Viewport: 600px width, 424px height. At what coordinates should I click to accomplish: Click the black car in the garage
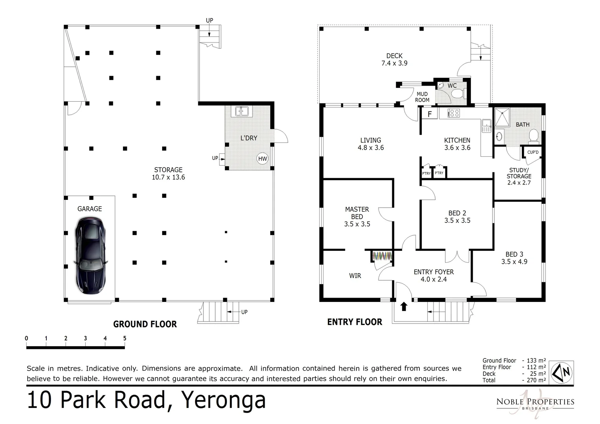coord(90,256)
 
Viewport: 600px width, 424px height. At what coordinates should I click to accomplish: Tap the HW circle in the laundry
coord(262,159)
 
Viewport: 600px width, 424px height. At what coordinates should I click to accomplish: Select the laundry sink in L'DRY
coord(241,111)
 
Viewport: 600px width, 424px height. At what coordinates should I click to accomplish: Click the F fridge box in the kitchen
coord(430,114)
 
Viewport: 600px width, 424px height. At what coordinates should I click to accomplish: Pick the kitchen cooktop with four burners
coord(454,113)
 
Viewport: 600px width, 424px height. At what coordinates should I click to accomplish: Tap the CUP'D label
coord(533,152)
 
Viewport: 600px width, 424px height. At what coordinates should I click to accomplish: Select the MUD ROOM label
coord(422,97)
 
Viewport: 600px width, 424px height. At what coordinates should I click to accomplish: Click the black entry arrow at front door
coord(404,306)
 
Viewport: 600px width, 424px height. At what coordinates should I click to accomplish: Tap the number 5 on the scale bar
coord(124,338)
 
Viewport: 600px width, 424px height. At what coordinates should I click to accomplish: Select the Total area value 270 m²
coord(536,380)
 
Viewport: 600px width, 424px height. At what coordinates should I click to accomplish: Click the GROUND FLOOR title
coord(145,324)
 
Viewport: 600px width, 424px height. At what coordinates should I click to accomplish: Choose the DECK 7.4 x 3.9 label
coord(394,59)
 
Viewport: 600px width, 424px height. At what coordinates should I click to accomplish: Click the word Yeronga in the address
coord(223,400)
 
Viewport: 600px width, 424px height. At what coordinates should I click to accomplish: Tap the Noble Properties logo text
coord(535,402)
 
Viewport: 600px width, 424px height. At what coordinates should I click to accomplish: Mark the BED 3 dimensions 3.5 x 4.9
coord(514,261)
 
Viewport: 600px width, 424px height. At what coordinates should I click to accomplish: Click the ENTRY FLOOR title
coord(355,322)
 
